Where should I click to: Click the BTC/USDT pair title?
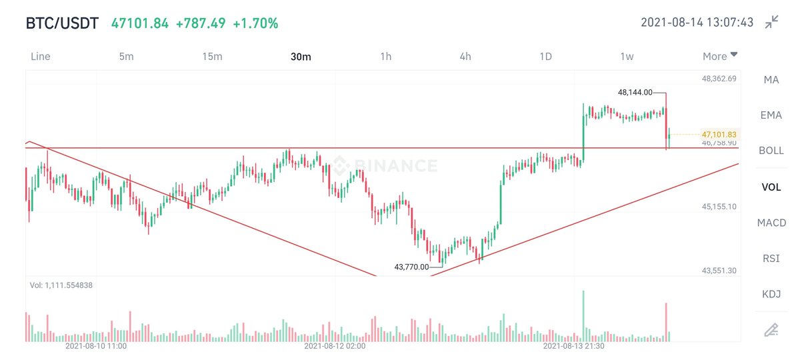point(62,23)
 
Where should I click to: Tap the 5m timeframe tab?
point(127,57)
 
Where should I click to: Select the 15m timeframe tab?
point(212,57)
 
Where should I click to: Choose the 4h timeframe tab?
point(465,57)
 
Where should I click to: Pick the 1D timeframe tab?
point(546,57)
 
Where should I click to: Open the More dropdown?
point(719,56)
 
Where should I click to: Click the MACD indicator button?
point(771,223)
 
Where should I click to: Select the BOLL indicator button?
point(771,151)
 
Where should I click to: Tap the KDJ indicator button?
point(771,294)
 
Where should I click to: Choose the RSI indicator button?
point(771,259)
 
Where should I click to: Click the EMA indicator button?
point(771,115)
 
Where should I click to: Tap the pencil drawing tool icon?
point(771,330)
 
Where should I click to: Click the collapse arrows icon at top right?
point(772,22)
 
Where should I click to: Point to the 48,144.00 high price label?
point(635,93)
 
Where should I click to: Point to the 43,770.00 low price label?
point(411,267)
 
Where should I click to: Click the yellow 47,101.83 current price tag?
point(719,135)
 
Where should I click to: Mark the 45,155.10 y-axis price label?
point(719,207)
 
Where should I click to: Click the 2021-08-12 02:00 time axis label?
point(335,346)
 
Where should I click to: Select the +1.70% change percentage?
point(255,23)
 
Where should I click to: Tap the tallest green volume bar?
point(583,316)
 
